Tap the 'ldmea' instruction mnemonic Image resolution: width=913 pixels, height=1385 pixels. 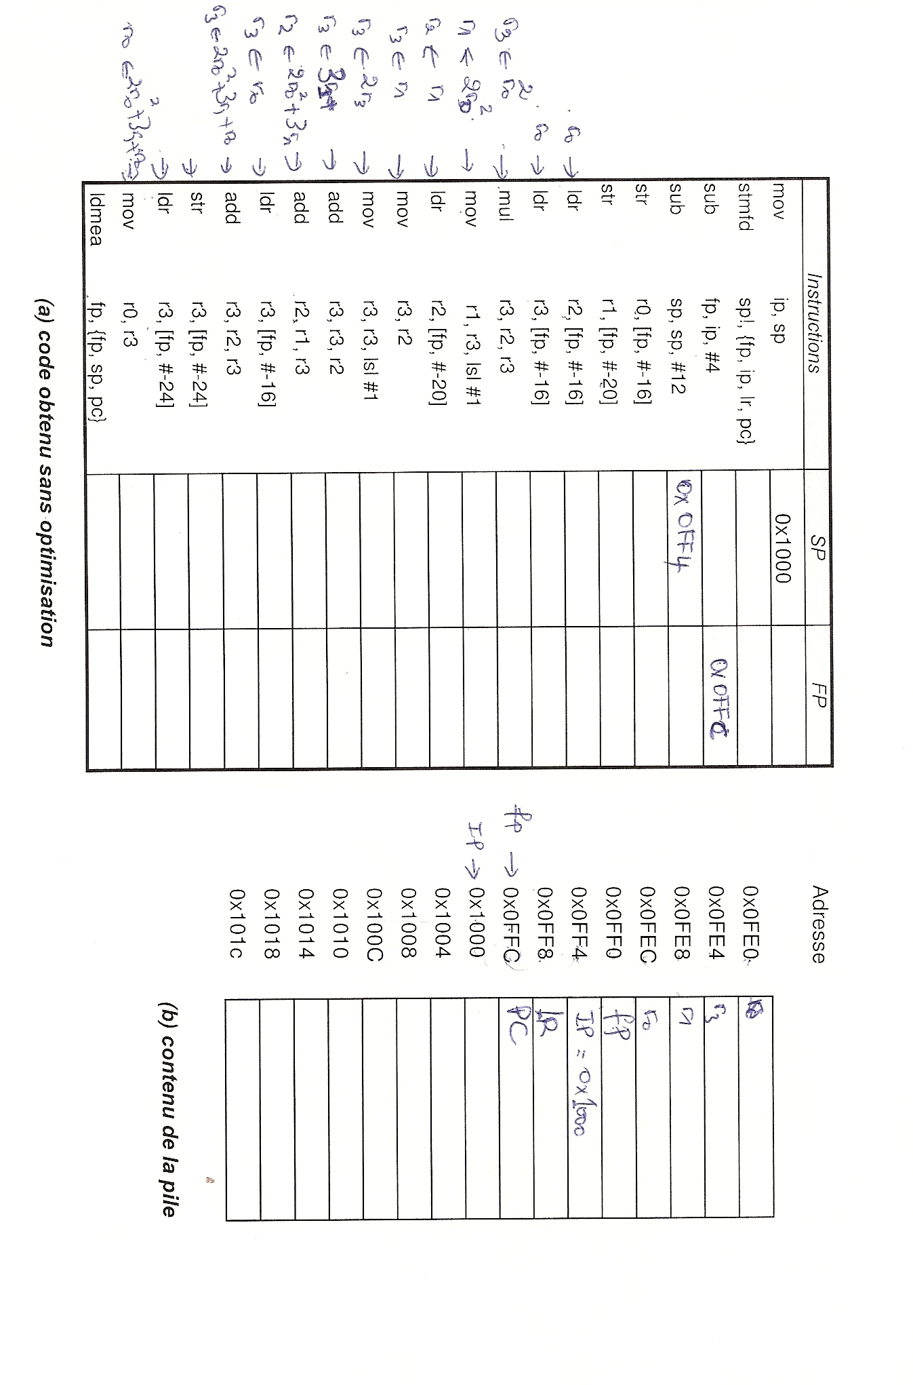[x=96, y=218]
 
